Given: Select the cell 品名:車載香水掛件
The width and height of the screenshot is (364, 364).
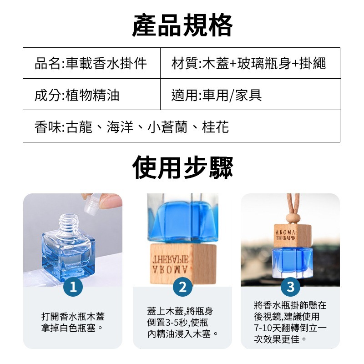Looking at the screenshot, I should tap(91, 63).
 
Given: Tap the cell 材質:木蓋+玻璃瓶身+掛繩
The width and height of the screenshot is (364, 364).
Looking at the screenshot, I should tap(249, 63).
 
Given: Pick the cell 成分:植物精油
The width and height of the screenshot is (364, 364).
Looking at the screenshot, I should tap(77, 95).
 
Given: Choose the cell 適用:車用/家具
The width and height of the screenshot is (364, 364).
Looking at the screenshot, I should tap(217, 95).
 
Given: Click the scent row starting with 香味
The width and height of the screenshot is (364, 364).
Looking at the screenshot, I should tap(132, 126).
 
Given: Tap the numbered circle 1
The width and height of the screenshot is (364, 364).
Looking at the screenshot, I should tap(74, 287).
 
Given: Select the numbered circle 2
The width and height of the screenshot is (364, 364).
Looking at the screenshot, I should tap(182, 287).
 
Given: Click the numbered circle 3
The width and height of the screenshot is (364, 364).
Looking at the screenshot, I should tap(290, 287).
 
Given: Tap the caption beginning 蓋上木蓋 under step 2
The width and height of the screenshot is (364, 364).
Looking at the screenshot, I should tap(182, 322).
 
